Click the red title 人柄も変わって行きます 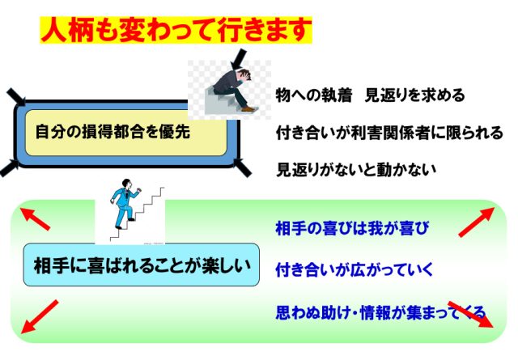click(176, 30)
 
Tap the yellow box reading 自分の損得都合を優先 click(126, 133)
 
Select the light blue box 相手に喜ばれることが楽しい click(141, 265)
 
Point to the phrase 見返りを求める click(414, 95)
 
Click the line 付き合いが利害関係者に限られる click(389, 133)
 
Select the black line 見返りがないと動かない click(356, 170)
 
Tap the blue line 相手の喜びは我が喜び click(352, 228)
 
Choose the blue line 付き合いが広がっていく click(354, 270)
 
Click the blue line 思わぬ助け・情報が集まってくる click(380, 312)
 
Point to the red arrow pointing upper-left click(35, 218)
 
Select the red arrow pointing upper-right click(477, 222)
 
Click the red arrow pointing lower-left click(40, 317)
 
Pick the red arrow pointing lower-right click(470, 314)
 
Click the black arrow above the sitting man click(239, 59)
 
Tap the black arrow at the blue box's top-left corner click(16, 97)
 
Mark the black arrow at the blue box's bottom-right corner click(242, 167)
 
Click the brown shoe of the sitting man click(248, 108)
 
